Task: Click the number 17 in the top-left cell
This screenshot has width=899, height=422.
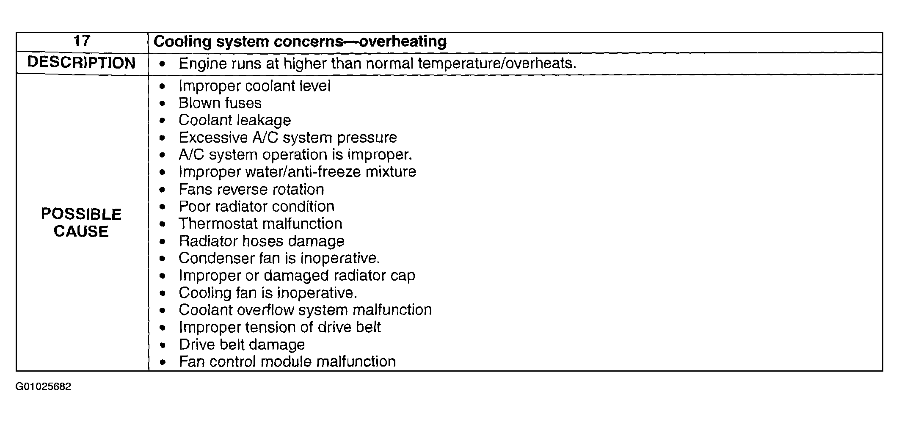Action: [x=82, y=41]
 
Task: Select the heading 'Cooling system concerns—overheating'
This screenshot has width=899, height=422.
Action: [x=300, y=41]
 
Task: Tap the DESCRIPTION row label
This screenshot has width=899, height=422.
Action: [x=81, y=63]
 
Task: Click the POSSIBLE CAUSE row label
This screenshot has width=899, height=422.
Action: [x=81, y=223]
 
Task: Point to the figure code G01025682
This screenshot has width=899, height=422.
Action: [x=43, y=387]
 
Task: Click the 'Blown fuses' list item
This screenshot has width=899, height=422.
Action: [x=220, y=103]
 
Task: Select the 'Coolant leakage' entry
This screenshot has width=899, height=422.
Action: [x=234, y=120]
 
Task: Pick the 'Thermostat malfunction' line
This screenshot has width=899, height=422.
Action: [x=260, y=223]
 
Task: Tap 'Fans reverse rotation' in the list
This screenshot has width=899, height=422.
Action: [x=251, y=189]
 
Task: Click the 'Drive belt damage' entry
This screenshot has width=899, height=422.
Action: [x=241, y=345]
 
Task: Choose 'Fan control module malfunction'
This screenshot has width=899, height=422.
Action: [x=287, y=361]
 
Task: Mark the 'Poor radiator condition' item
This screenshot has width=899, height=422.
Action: [x=256, y=207]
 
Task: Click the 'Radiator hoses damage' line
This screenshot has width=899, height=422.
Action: [x=261, y=241]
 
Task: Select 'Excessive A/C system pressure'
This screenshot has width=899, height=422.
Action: [x=287, y=138]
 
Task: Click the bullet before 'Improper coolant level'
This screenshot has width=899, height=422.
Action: [x=163, y=86]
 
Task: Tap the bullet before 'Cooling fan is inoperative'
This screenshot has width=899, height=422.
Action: [x=163, y=293]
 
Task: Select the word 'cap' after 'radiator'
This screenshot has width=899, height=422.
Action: [x=403, y=276]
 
